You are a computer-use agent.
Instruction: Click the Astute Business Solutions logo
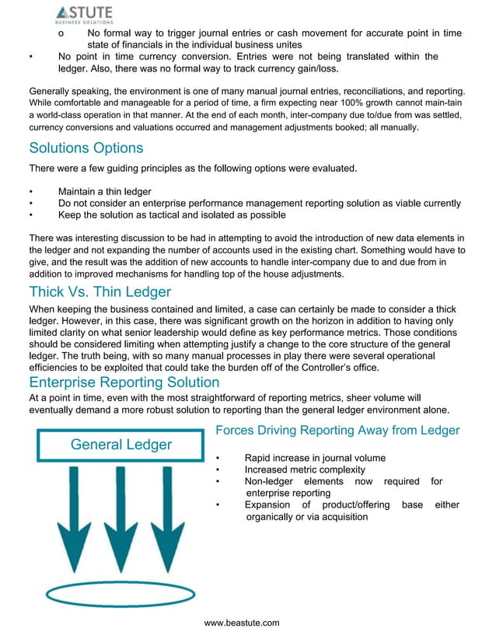point(84,15)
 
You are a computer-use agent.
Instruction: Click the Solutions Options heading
point(86,148)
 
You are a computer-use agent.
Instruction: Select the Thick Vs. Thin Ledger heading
point(100,292)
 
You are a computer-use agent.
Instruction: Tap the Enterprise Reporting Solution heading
point(124,382)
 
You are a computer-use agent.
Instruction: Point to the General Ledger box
point(121,445)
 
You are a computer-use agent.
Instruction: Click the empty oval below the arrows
point(120,595)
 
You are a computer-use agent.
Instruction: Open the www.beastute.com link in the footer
point(241,623)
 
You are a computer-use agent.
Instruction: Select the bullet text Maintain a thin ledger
point(105,192)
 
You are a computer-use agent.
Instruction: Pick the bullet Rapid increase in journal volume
point(315,459)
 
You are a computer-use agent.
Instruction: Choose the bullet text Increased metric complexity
point(304,470)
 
